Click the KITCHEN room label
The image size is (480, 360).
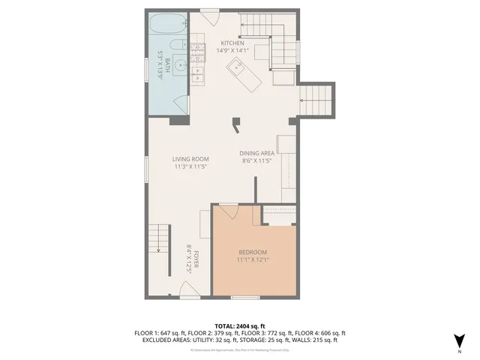[x=232, y=43]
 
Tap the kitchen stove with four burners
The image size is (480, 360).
[x=198, y=51]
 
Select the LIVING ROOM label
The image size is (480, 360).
[x=190, y=159]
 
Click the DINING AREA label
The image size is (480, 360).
[x=255, y=154]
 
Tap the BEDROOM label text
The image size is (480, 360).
[x=253, y=252]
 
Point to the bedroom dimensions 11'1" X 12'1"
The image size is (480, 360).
[x=253, y=259]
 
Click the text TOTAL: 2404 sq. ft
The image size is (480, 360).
[x=240, y=325]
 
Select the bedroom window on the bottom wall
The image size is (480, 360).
[x=244, y=298]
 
